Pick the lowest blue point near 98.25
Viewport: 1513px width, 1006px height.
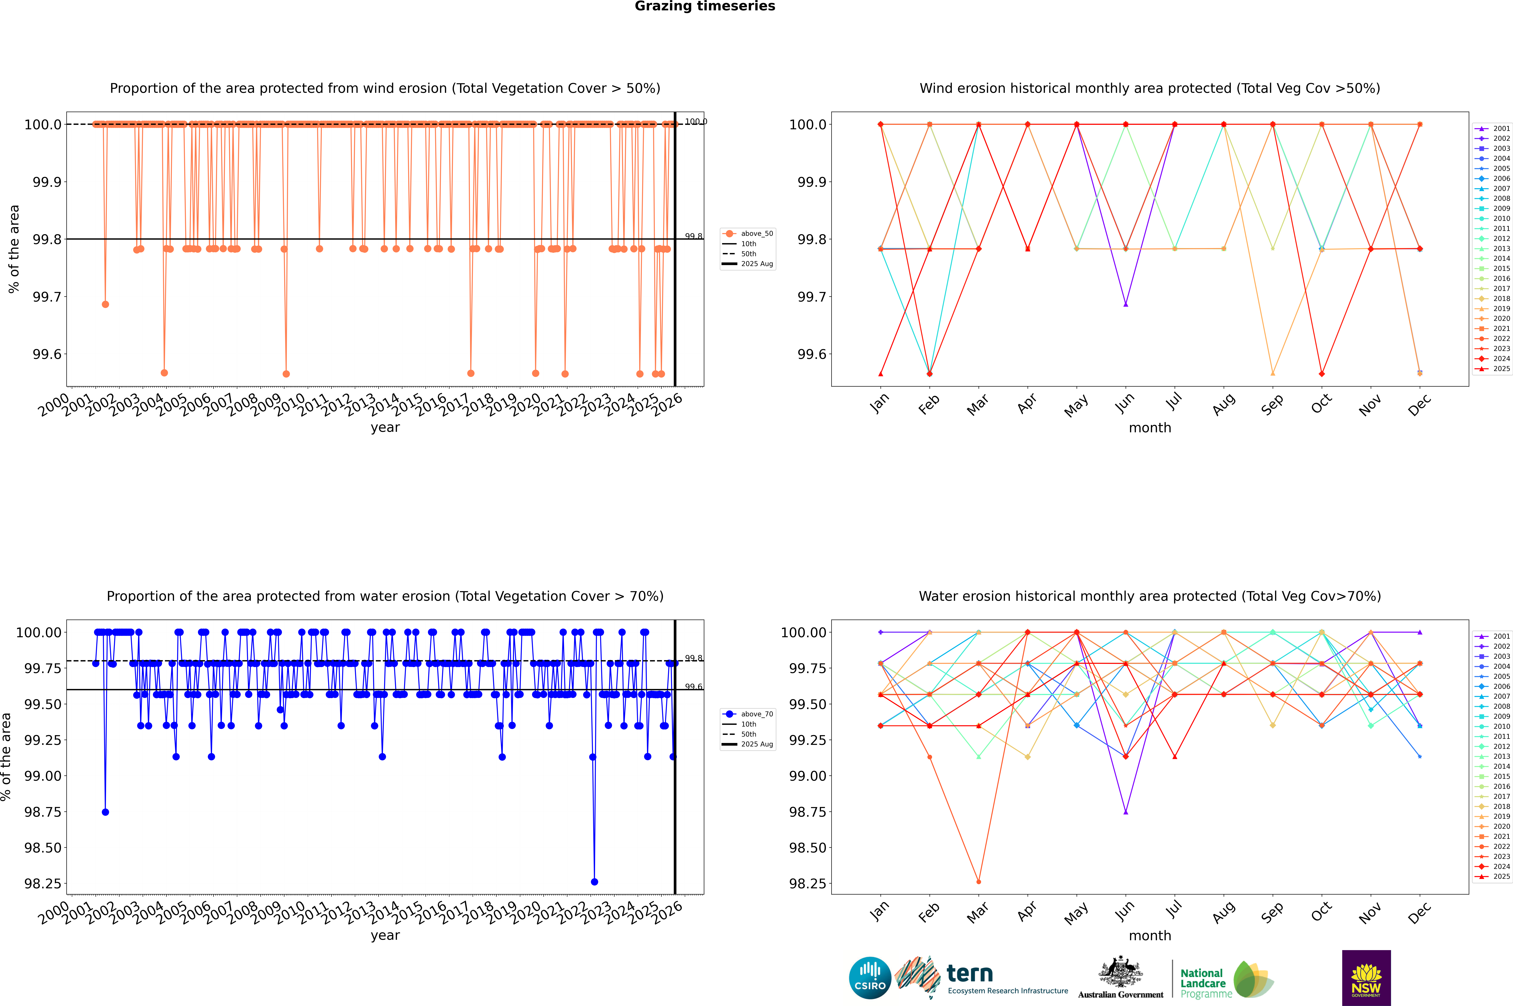594,881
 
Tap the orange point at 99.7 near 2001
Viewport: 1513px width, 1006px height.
105,304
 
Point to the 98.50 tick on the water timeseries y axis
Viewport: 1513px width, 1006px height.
42,848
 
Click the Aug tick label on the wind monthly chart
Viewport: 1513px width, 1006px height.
1223,404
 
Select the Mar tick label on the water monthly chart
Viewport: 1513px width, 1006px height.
977,912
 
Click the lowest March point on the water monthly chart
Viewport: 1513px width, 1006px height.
978,881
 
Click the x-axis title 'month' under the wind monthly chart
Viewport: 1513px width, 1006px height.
1149,428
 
